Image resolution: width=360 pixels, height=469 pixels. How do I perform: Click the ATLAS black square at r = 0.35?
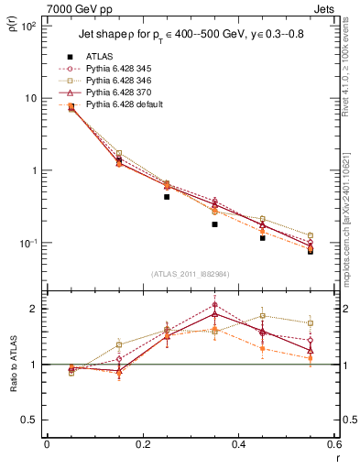214,224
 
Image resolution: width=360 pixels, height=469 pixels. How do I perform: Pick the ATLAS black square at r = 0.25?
167,196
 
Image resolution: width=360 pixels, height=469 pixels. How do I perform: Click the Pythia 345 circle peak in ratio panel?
214,305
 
